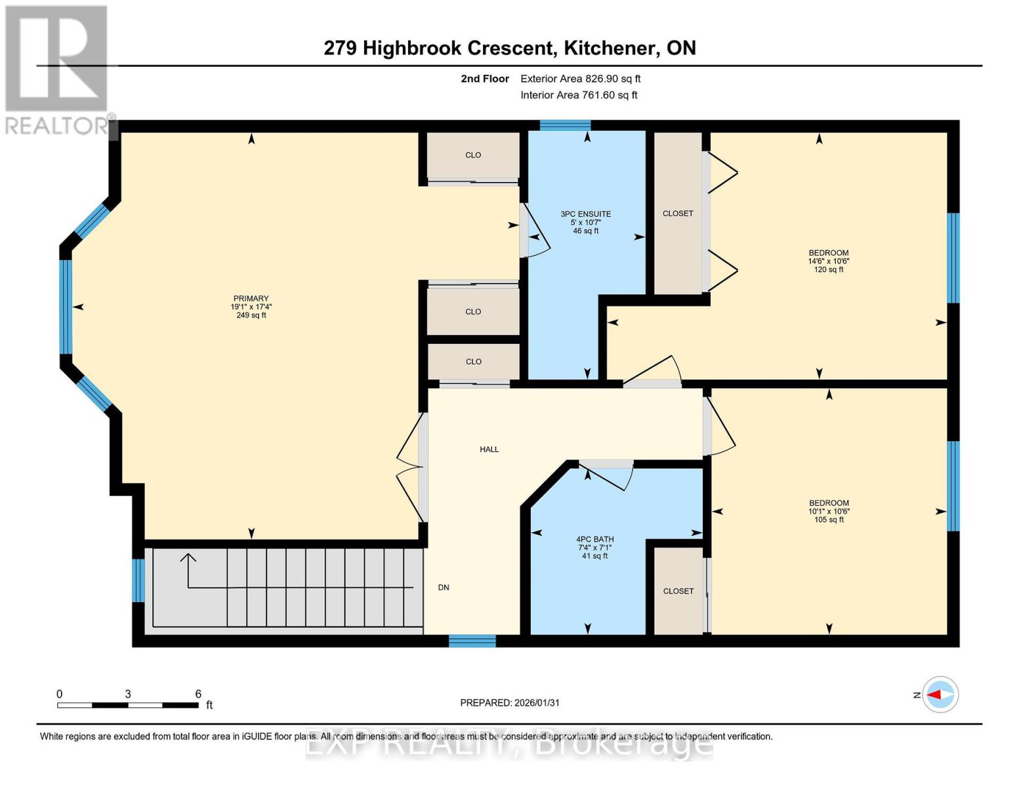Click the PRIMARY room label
[251, 299]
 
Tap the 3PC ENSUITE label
[585, 214]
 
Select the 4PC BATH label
[595, 539]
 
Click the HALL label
[489, 450]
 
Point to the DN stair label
[444, 588]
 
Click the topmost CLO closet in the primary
[473, 156]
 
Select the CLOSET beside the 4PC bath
[678, 591]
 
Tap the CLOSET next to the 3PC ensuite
[678, 213]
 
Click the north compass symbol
[940, 695]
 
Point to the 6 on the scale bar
[198, 694]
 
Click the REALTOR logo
[57, 69]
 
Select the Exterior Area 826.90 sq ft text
[580, 79]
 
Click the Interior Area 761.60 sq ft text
[579, 95]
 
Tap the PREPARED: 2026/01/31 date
[510, 703]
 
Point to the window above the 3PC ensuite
[565, 125]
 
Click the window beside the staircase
[138, 580]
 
